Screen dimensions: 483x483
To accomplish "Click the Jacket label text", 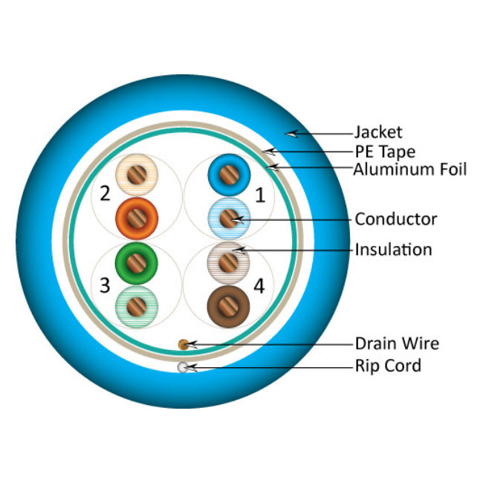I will (378, 132).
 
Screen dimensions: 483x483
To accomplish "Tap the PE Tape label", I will (384, 152).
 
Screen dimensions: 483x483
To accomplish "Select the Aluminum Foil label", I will (410, 169).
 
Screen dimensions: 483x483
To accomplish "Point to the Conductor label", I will (395, 219).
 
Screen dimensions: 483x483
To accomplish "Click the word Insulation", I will (393, 249).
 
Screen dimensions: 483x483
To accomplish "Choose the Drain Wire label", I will (396, 343).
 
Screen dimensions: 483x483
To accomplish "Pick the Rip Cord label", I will (387, 365).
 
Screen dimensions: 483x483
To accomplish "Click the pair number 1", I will (259, 195).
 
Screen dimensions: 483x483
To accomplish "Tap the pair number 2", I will (105, 195).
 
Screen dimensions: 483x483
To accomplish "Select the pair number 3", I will (105, 285).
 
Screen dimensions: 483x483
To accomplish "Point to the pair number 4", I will (259, 285).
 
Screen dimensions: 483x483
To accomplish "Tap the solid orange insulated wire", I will (137, 217).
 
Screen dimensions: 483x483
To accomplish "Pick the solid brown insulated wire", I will (229, 305).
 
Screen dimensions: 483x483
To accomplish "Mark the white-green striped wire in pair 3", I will (137, 305).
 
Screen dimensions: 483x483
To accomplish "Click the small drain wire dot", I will (183, 344).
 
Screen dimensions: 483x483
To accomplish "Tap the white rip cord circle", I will (183, 366).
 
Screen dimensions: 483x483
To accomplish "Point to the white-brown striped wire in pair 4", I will (229, 262).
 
